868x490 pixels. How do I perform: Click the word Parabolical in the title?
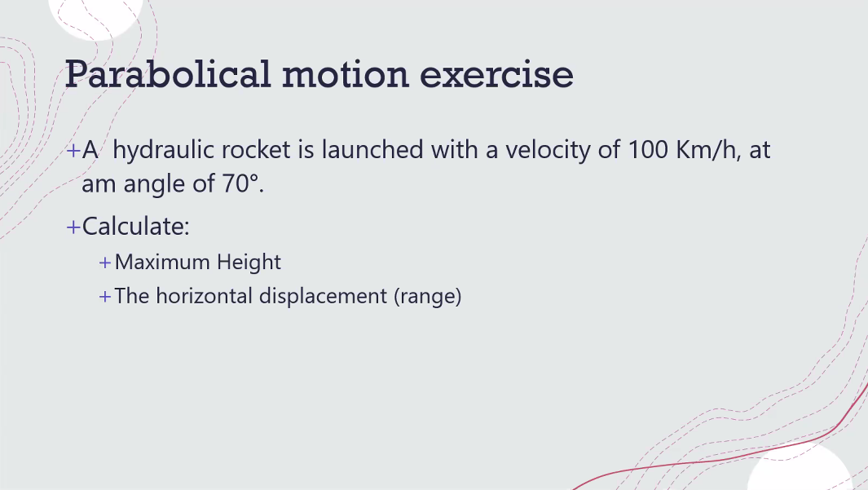coord(167,74)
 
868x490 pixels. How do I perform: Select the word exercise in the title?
coord(496,74)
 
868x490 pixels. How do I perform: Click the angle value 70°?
coord(243,184)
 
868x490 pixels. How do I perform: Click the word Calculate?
coord(136,226)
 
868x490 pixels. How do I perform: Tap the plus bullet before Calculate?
coord(73,227)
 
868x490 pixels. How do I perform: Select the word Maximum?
coord(162,262)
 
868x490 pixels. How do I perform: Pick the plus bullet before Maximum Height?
coord(104,263)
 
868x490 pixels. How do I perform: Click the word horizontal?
coord(205,295)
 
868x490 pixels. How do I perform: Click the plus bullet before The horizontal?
coord(104,296)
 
